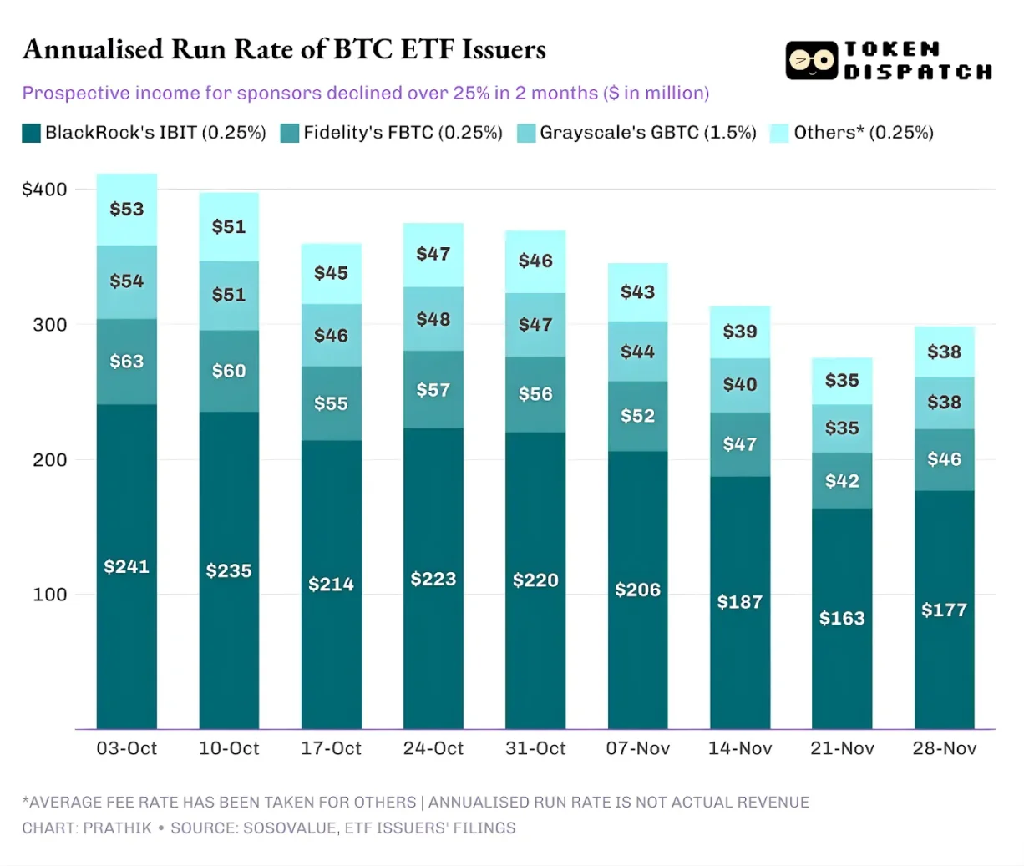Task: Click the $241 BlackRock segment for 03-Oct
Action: point(127,566)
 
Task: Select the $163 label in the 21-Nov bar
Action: point(842,618)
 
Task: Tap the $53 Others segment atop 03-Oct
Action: point(127,209)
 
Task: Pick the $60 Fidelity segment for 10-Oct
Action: point(229,371)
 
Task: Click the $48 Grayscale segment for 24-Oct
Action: point(433,319)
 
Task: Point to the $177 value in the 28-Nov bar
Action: point(944,610)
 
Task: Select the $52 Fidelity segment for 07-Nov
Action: point(637,416)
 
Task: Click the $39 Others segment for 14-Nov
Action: point(740,332)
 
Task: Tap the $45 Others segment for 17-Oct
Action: point(332,273)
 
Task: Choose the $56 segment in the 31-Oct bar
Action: point(535,394)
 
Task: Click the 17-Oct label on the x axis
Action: point(332,748)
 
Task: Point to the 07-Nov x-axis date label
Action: point(637,748)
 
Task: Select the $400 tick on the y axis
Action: point(44,190)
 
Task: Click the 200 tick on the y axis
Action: point(50,460)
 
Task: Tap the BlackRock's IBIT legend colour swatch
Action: point(31,133)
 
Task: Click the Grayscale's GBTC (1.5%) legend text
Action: point(647,133)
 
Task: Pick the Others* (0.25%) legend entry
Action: point(863,133)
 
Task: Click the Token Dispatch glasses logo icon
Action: point(811,61)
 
